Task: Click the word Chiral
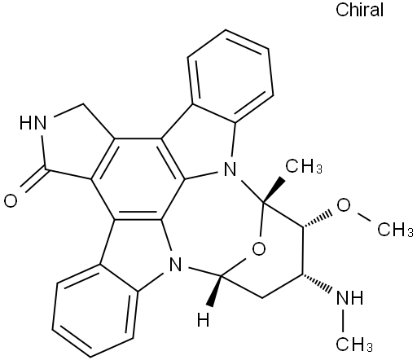pyautogui.click(x=359, y=10)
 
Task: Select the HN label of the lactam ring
pyautogui.click(x=33, y=122)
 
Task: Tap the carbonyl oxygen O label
pyautogui.click(x=11, y=201)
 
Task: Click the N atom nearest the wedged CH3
pyautogui.click(x=230, y=170)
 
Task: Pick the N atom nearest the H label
pyautogui.click(x=175, y=265)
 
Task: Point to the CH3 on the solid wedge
pyautogui.click(x=304, y=166)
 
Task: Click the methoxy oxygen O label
pyautogui.click(x=343, y=204)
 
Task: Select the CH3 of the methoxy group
pyautogui.click(x=395, y=230)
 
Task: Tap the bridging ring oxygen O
pyautogui.click(x=258, y=248)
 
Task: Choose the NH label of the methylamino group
pyautogui.click(x=349, y=298)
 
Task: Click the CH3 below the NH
pyautogui.click(x=354, y=345)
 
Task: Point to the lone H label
pyautogui.click(x=204, y=320)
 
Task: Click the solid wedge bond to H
pyautogui.click(x=214, y=291)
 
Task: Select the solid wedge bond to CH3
pyautogui.click(x=274, y=189)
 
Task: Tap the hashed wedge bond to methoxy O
pyautogui.click(x=317, y=218)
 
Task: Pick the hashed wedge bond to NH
pyautogui.click(x=317, y=284)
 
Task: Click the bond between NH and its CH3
pyautogui.click(x=344, y=321)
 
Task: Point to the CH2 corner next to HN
pyautogui.click(x=82, y=103)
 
